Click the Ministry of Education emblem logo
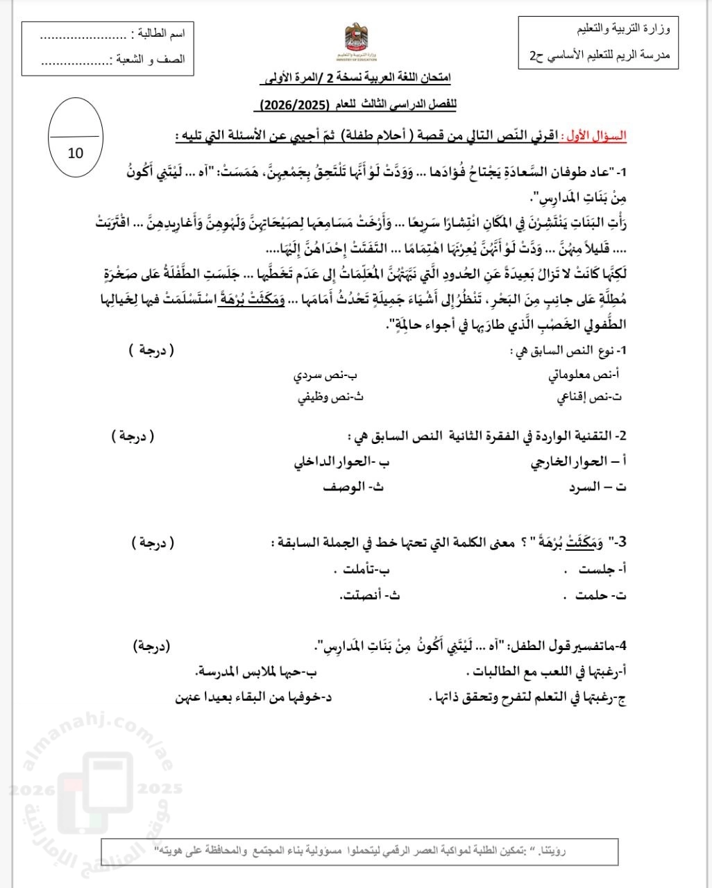(362, 46)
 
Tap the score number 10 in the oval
(76, 153)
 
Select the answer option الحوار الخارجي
(569, 462)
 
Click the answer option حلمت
(589, 595)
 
